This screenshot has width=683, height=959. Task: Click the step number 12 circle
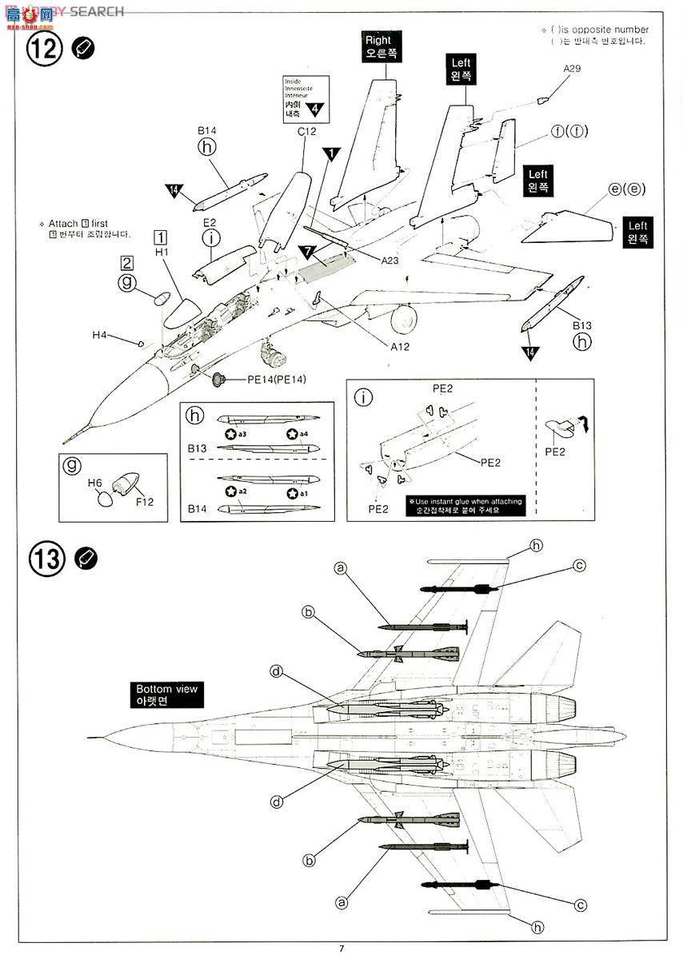(45, 48)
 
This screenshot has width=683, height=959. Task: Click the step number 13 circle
(45, 558)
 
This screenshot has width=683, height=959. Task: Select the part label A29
(571, 70)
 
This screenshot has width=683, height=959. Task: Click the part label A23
(389, 261)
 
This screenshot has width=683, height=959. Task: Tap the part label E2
(210, 224)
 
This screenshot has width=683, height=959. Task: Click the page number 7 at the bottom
(341, 948)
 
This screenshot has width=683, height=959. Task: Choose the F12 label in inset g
(145, 502)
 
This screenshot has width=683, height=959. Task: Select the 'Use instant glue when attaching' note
(468, 506)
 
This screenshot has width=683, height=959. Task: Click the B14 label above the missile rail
(206, 131)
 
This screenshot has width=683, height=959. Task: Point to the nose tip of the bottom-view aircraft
(90, 735)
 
